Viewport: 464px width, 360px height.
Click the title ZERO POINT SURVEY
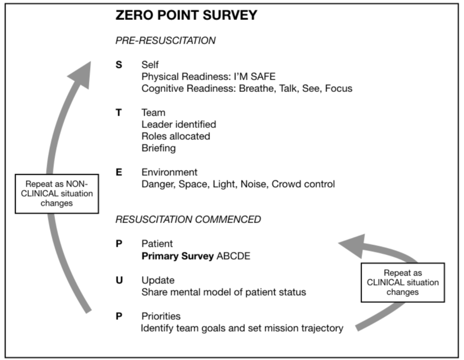[186, 15]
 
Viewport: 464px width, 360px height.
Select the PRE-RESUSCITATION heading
[165, 40]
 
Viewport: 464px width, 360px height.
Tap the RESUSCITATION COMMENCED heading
[188, 220]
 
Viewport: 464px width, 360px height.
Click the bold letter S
[119, 65]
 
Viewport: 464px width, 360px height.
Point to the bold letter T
[119, 112]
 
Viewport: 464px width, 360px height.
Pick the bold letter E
[119, 172]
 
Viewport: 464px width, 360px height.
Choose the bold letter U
[119, 280]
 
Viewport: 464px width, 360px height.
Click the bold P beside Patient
[119, 244]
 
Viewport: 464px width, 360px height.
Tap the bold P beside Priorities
[119, 316]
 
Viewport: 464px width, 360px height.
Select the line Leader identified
[179, 124]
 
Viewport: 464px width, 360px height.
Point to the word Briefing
[159, 148]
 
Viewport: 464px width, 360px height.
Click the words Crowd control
[303, 184]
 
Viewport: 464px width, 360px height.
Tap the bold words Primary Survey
[178, 256]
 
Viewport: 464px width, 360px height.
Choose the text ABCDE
[233, 256]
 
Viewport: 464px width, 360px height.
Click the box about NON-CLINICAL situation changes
[57, 194]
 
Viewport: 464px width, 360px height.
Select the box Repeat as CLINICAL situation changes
[403, 283]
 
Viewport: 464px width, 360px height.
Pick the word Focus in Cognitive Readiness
[338, 88]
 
